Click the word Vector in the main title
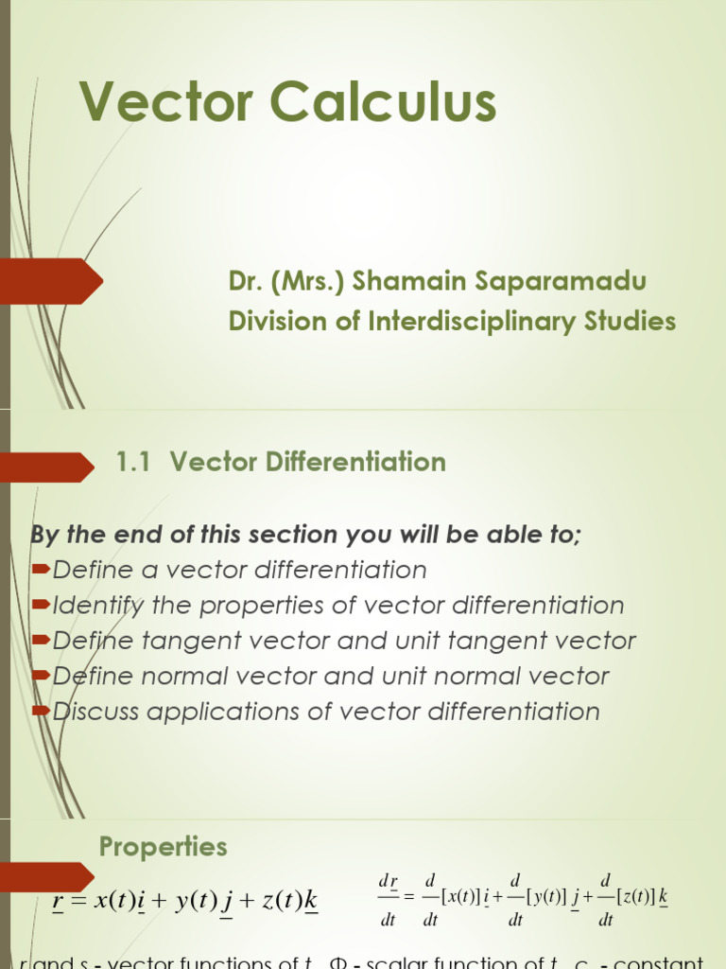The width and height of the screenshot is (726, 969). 168,102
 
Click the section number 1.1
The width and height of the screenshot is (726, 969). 133,462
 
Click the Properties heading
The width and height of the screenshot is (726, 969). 163,846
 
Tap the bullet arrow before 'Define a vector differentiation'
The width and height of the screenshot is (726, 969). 42,569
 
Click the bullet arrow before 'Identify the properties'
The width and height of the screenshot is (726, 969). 42,604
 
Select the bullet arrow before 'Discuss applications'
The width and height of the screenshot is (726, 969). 42,710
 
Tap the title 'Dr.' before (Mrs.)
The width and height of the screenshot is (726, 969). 244,281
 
